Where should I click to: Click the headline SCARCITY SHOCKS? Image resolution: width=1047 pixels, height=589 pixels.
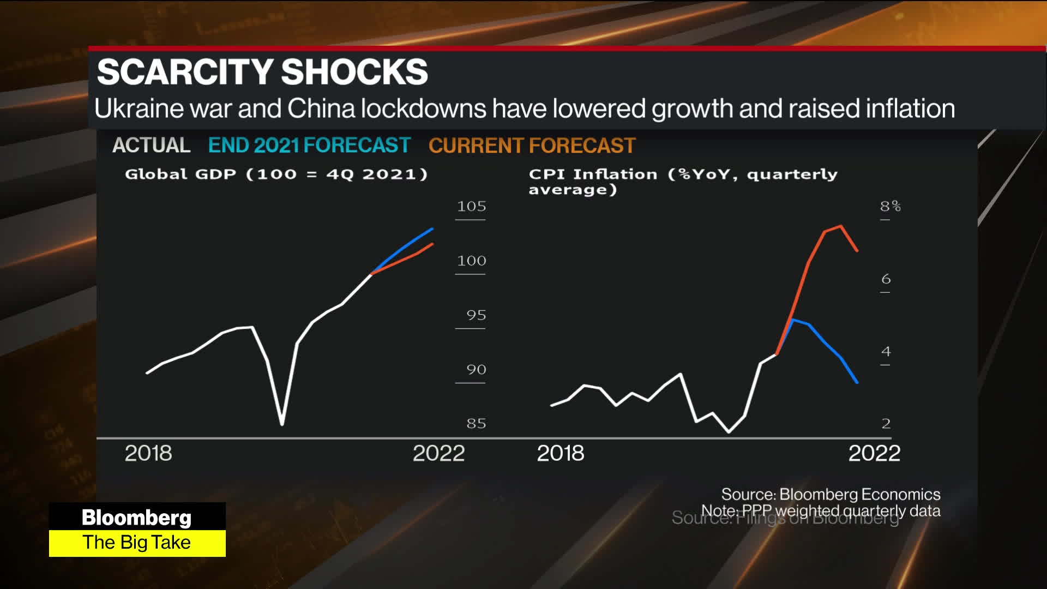click(x=262, y=72)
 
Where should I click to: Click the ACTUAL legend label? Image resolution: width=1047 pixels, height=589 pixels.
click(x=151, y=146)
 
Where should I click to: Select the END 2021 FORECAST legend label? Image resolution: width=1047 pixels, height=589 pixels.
click(x=309, y=146)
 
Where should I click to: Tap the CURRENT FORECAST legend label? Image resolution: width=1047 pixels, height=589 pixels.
click(x=532, y=146)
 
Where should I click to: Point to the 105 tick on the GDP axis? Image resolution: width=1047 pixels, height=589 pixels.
click(x=471, y=207)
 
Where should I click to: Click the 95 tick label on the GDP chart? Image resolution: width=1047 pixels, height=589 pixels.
click(x=476, y=315)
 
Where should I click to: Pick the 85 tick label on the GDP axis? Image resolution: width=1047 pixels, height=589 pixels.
click(x=476, y=423)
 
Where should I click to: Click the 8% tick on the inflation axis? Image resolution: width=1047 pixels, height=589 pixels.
click(x=890, y=207)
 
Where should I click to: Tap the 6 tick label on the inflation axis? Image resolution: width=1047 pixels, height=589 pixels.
click(x=886, y=279)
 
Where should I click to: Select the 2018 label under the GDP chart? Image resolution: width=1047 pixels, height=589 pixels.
click(x=148, y=453)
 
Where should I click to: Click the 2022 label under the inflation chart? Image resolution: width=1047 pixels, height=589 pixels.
click(x=874, y=453)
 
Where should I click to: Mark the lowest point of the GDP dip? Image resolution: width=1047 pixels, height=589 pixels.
click(x=282, y=424)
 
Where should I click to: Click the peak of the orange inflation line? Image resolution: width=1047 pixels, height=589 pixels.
click(x=841, y=226)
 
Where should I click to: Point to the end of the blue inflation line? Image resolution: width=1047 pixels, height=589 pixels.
click(x=857, y=382)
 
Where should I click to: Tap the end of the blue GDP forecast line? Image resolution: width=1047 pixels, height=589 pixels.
click(x=432, y=229)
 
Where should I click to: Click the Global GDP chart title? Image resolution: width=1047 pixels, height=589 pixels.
click(x=276, y=174)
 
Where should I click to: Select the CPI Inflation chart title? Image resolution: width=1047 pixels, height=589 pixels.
click(x=682, y=181)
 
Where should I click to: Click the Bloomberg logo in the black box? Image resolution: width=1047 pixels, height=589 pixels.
click(x=136, y=517)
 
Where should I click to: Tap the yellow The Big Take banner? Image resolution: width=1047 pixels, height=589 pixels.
click(x=137, y=543)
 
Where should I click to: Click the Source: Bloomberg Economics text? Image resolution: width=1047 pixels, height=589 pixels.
click(x=831, y=494)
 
